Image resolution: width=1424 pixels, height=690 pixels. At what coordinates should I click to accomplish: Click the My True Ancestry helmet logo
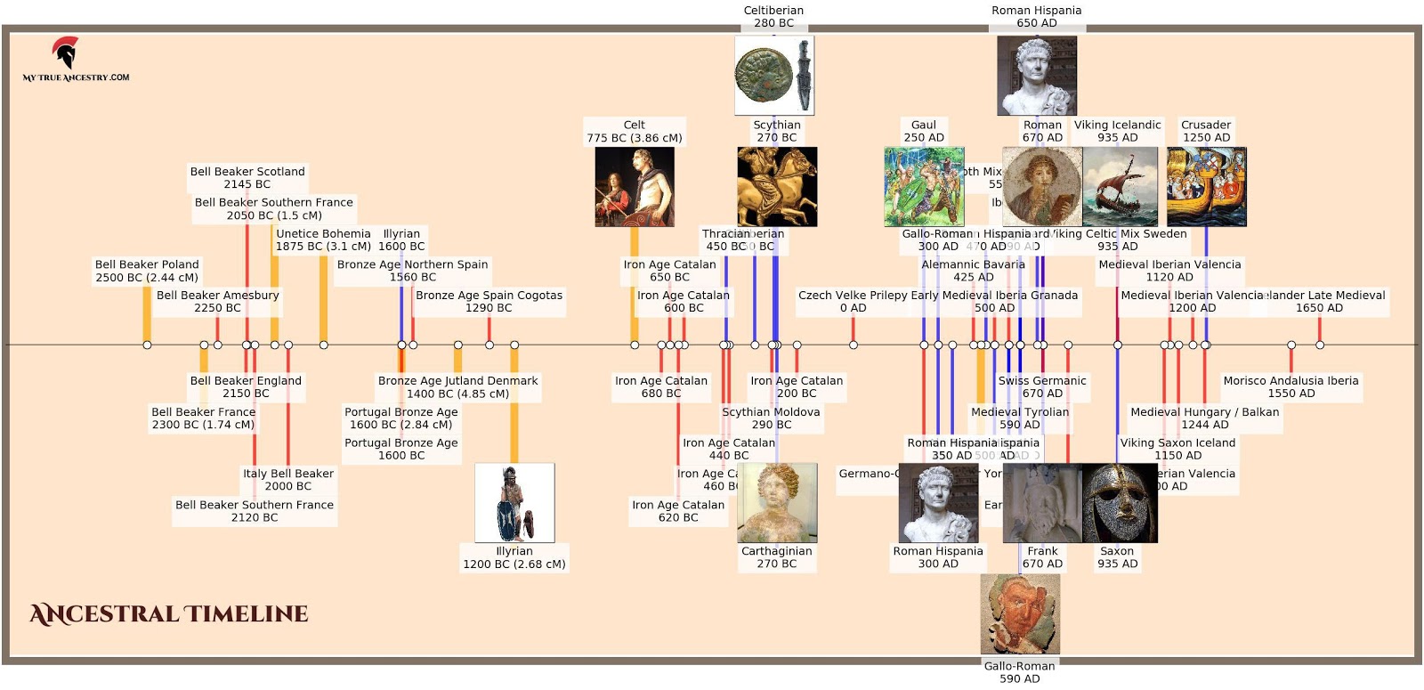[x=65, y=53]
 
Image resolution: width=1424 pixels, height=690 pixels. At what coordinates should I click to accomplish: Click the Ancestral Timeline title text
[x=169, y=614]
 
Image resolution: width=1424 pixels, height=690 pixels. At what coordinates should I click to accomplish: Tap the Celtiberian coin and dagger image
[x=773, y=75]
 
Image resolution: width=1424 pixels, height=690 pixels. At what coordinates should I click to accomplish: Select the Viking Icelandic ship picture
[x=1120, y=186]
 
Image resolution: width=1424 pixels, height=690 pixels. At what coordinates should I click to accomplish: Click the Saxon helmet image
[x=1119, y=503]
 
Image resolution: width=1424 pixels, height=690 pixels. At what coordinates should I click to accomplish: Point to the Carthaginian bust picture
[x=777, y=503]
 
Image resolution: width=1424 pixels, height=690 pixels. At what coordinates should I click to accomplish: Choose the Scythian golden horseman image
[x=777, y=186]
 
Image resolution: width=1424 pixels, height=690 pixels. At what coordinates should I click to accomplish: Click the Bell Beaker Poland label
[x=147, y=271]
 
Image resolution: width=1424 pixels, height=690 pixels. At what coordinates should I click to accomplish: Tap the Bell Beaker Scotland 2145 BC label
[x=247, y=178]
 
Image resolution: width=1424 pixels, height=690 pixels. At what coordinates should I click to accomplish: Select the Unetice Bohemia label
[x=323, y=239]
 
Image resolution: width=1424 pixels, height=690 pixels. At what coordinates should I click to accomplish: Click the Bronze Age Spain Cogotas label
[x=489, y=301]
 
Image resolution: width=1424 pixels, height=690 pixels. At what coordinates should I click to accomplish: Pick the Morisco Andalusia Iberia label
[x=1290, y=386]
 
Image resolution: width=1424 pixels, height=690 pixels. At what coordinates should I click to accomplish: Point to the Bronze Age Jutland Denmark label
[x=457, y=386]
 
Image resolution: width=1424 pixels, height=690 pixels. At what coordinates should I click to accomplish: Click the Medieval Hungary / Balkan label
[x=1204, y=418]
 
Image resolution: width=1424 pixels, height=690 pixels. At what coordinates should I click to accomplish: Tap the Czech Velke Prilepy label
[x=853, y=301]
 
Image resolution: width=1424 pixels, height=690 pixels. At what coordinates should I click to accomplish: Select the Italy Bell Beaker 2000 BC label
[x=288, y=480]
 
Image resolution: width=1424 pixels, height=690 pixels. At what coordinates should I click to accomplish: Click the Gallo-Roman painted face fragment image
[x=1020, y=614]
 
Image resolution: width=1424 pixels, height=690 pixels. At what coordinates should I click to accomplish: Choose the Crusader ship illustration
[x=1206, y=186]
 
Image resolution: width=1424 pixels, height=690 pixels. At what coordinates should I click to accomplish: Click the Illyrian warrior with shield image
[x=514, y=503]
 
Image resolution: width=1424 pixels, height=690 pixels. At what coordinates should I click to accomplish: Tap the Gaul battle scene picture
[x=924, y=186]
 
